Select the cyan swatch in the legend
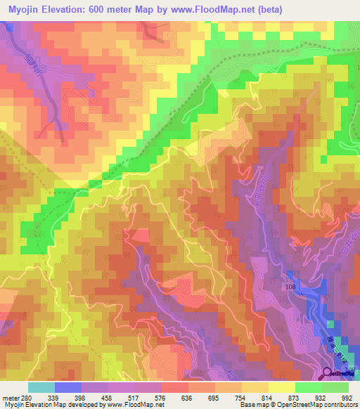pos(41,388)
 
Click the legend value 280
pos(27,397)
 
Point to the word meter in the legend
pos(11,397)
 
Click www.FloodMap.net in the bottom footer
pos(130,405)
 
